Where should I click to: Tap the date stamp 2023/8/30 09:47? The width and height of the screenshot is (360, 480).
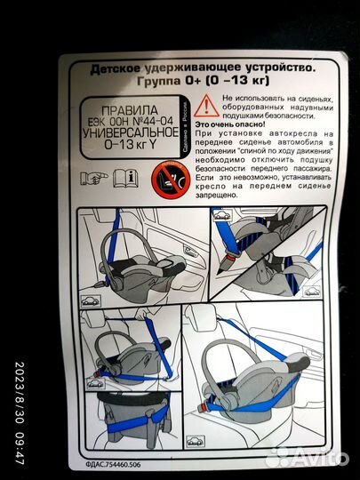pos(20,409)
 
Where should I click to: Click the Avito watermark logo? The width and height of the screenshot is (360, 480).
pos(307,459)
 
